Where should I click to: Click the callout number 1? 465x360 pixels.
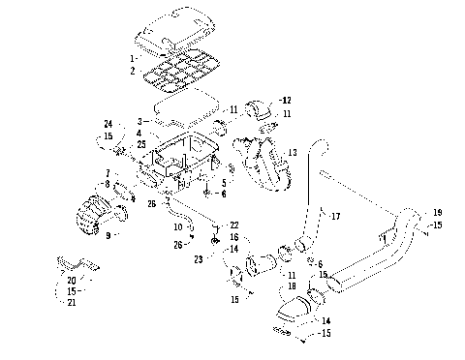[132, 59]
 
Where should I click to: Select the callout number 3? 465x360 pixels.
[140, 120]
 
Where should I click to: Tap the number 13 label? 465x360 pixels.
[292, 153]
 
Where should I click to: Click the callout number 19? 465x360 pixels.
[437, 211]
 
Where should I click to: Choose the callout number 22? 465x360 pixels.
[233, 225]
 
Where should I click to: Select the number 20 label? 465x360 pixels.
[71, 280]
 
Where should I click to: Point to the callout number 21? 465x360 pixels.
[71, 302]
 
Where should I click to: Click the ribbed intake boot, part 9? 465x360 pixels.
[97, 214]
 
